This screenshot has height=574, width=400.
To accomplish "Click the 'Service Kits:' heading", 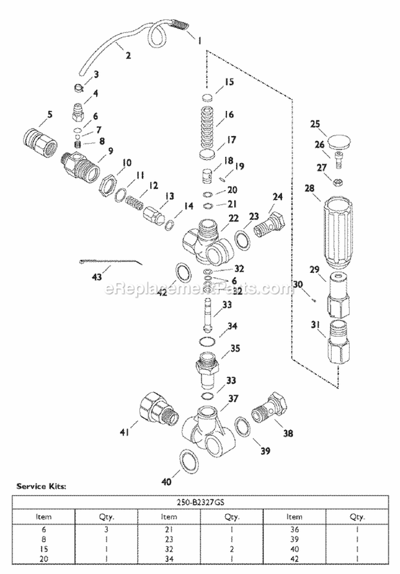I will tap(41, 486).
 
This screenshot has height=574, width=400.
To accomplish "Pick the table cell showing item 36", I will tap(294, 530).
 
